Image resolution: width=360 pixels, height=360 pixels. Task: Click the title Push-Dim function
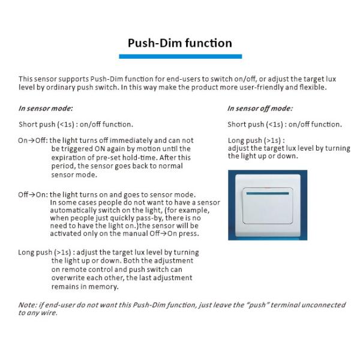click(x=180, y=43)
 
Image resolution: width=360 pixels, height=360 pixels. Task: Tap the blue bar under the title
click(x=180, y=56)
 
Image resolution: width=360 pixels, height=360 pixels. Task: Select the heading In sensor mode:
click(x=46, y=109)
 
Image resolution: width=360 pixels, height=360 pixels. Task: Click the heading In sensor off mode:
click(x=260, y=109)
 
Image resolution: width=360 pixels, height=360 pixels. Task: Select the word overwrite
click(x=70, y=278)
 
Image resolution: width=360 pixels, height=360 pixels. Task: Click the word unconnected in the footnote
click(x=323, y=305)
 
